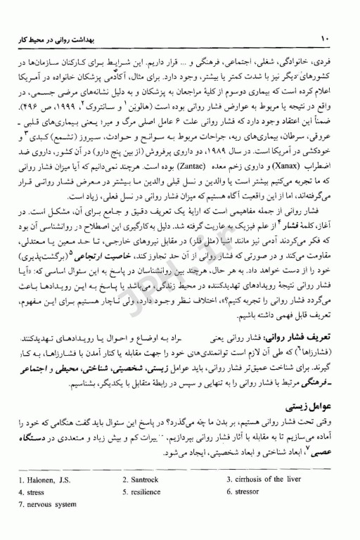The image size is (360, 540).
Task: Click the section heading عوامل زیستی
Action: tap(316, 407)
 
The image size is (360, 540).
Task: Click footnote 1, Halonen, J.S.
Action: tap(42, 480)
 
